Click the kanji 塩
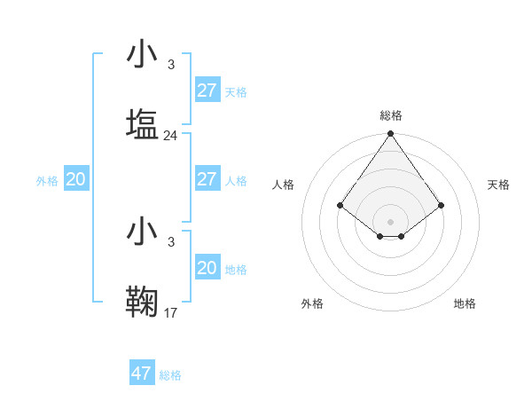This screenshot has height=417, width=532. (x=143, y=124)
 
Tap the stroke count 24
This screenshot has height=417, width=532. (x=171, y=136)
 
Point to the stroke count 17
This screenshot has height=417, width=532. (x=171, y=312)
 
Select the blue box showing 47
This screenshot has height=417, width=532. (x=142, y=374)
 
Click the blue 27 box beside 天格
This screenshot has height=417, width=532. (x=207, y=90)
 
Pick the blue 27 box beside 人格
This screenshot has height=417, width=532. (x=207, y=179)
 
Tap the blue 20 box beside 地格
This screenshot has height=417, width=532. (x=207, y=268)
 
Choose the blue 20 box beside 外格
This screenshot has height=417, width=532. (x=75, y=179)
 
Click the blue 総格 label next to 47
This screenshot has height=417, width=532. (x=170, y=375)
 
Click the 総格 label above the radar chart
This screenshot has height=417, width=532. (x=390, y=115)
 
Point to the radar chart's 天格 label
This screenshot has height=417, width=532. (x=498, y=185)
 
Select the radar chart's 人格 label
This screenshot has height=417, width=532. (x=283, y=185)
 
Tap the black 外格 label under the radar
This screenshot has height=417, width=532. (x=311, y=303)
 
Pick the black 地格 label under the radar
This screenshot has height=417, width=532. (x=465, y=303)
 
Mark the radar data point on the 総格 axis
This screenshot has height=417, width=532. (x=390, y=135)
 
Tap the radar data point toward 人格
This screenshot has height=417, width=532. (x=340, y=205)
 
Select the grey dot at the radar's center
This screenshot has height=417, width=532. (x=390, y=221)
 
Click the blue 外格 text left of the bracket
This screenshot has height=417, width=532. (x=47, y=180)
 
